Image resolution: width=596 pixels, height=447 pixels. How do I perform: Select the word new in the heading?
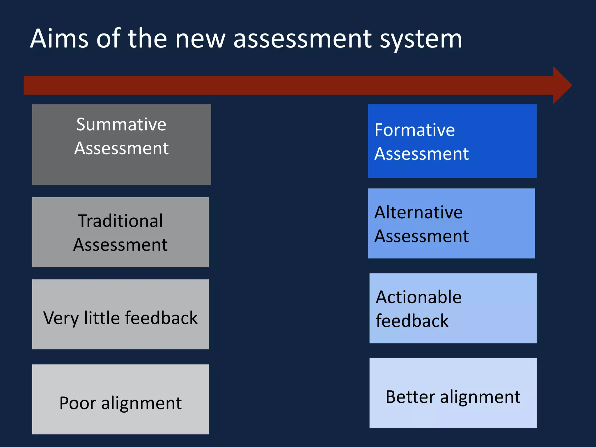pyautogui.click(x=200, y=39)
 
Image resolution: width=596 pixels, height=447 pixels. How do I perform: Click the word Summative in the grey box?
pyautogui.click(x=121, y=125)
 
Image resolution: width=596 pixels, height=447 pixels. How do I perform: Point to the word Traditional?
pyautogui.click(x=120, y=221)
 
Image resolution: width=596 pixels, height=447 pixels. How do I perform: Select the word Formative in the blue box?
pyautogui.click(x=415, y=130)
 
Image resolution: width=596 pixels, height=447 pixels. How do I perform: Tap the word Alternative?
pyautogui.click(x=418, y=212)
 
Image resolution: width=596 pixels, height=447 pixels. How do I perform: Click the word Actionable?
pyautogui.click(x=418, y=297)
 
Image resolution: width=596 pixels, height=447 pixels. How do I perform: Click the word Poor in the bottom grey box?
pyautogui.click(x=77, y=403)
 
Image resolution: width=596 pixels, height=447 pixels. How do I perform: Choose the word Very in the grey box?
pyautogui.click(x=61, y=318)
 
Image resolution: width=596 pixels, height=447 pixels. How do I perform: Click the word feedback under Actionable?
pyautogui.click(x=412, y=321)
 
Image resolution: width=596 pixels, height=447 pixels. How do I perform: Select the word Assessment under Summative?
pyautogui.click(x=121, y=148)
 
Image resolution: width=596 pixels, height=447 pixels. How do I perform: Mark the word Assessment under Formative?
pyautogui.click(x=421, y=154)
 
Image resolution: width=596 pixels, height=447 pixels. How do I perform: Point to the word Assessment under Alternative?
pyautogui.click(x=421, y=236)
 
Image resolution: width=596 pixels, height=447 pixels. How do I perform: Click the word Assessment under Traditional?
pyautogui.click(x=120, y=245)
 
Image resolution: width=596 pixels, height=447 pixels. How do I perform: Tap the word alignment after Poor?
pyautogui.click(x=141, y=403)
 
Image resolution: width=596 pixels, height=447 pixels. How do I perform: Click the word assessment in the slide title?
pyautogui.click(x=303, y=39)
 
